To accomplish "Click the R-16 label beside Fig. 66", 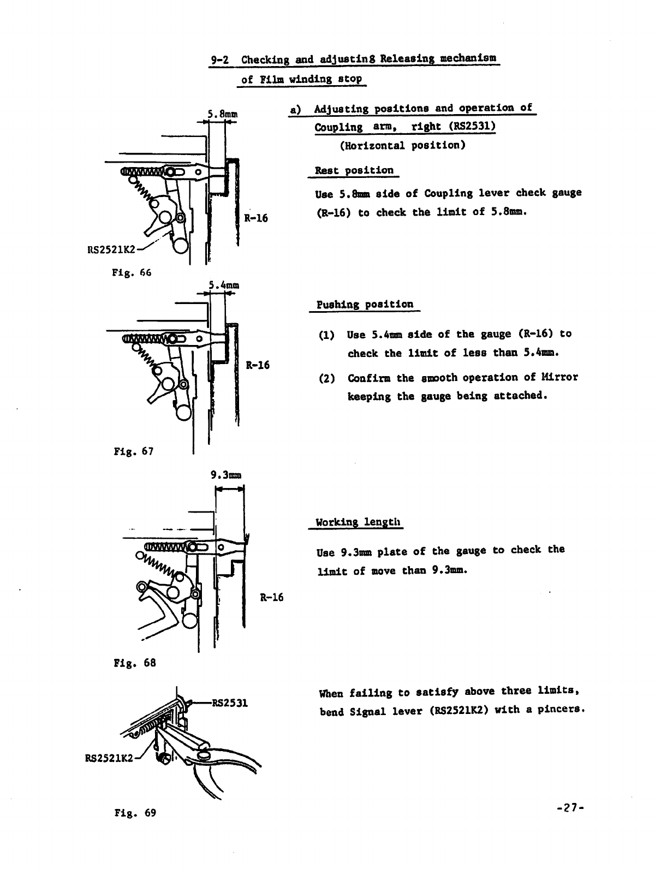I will click(x=255, y=218).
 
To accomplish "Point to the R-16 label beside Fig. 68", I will click(x=271, y=597).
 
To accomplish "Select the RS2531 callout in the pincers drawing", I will click(x=230, y=703).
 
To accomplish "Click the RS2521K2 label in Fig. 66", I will click(x=111, y=251).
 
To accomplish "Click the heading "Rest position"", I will click(x=354, y=170).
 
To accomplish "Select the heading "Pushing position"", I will click(x=365, y=305).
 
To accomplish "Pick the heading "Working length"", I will click(x=359, y=522).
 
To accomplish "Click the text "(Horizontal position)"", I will click(x=402, y=146).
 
